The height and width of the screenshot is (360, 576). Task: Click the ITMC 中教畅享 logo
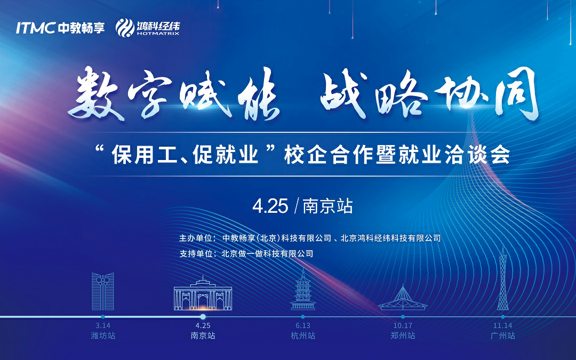60,28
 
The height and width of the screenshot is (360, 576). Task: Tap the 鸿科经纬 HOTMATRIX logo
148,28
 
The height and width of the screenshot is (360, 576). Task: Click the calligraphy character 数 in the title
95,95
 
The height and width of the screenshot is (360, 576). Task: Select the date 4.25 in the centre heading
270,206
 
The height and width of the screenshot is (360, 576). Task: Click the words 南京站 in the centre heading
327,206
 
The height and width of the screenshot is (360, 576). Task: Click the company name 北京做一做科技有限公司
267,253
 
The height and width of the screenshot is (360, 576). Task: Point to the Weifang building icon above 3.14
103,291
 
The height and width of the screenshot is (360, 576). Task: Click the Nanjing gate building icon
203,293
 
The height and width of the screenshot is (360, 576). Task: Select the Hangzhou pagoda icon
303,289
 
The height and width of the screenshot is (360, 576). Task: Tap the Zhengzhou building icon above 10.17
403,298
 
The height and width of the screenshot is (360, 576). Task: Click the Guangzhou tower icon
503,279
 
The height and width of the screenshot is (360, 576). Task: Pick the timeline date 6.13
303,325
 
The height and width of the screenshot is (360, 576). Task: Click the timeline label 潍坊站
103,335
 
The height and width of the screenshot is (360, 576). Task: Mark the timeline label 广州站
503,335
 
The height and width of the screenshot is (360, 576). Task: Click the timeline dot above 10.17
403,317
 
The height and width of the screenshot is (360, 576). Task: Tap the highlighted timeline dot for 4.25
203,317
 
